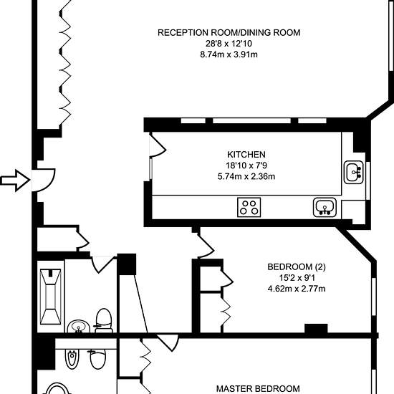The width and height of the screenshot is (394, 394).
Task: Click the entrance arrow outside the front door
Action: coord(15,180)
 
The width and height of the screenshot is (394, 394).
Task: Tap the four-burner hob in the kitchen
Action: coord(249,207)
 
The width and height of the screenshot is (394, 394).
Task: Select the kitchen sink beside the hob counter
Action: coord(325,207)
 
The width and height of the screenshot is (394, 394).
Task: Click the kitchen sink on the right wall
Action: coord(354,172)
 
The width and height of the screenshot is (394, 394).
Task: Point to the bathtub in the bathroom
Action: coord(51,297)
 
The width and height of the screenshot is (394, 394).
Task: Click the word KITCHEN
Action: coord(246,155)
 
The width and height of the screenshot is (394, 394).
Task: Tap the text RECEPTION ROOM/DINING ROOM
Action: coord(229,33)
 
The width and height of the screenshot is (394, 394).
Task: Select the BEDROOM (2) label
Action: coord(297,267)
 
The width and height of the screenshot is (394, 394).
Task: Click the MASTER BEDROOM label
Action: coord(258,389)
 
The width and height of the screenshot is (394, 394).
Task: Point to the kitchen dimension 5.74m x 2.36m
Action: coord(246,176)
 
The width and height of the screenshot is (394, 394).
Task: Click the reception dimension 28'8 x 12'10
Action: coord(229,44)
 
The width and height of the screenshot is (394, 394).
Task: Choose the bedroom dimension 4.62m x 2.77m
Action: coord(297,289)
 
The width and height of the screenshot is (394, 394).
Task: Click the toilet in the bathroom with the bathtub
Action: coord(104,321)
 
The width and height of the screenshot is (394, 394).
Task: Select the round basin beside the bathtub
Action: coord(78,327)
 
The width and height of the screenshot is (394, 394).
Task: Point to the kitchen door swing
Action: coord(158,145)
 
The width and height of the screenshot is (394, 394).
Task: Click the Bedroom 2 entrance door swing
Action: coord(206,245)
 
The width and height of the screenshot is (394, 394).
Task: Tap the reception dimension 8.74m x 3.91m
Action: coord(229,54)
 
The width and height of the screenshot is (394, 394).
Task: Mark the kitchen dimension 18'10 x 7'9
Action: coord(246,165)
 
